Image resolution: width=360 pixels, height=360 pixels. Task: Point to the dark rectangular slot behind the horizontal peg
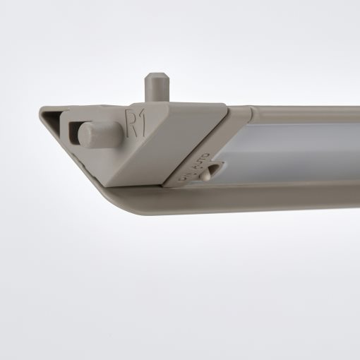(x=76, y=128)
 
